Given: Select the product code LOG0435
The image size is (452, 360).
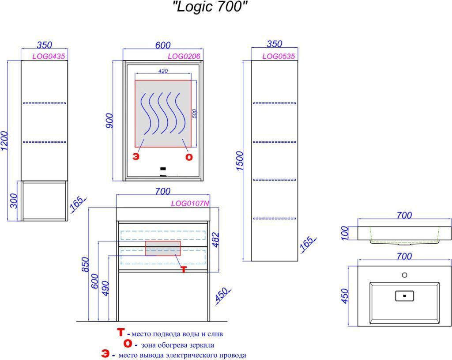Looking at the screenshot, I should pos(49,56).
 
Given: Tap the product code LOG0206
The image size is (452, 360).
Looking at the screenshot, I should pos(184,56).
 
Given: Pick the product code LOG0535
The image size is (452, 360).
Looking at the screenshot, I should pos(279,56).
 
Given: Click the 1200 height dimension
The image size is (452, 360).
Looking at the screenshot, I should pos(4,141).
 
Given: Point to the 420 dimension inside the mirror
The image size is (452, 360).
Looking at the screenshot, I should pos(163,71).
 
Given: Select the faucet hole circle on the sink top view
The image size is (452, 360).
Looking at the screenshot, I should pos(404,275).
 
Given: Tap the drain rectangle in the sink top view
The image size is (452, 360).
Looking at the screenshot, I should pos(404,296).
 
